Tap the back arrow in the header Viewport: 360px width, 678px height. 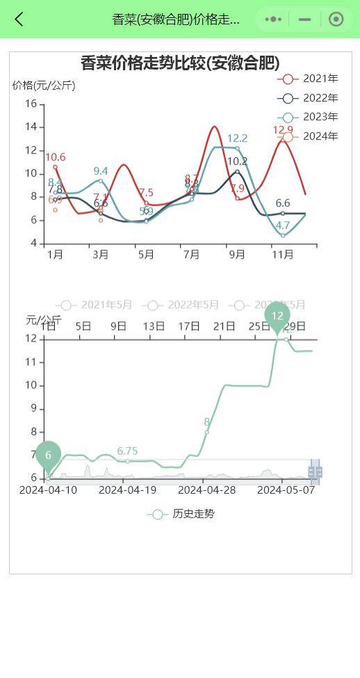[19, 19]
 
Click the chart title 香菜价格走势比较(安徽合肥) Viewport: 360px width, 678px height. [180, 63]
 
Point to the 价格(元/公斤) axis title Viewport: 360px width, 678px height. [44, 86]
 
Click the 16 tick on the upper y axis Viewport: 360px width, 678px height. [31, 104]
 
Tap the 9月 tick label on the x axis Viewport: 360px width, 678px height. [237, 255]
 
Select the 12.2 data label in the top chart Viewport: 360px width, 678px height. [237, 138]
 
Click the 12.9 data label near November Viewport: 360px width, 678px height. [283, 130]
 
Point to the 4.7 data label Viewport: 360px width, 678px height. [283, 226]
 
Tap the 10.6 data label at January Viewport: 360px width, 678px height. [56, 158]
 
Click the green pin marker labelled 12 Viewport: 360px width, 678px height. [277, 316]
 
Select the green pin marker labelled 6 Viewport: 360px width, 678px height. [48, 455]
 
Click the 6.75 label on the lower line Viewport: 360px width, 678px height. [127, 451]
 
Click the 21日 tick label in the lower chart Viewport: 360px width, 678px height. [224, 325]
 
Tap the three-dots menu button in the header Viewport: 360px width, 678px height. [273, 19]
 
